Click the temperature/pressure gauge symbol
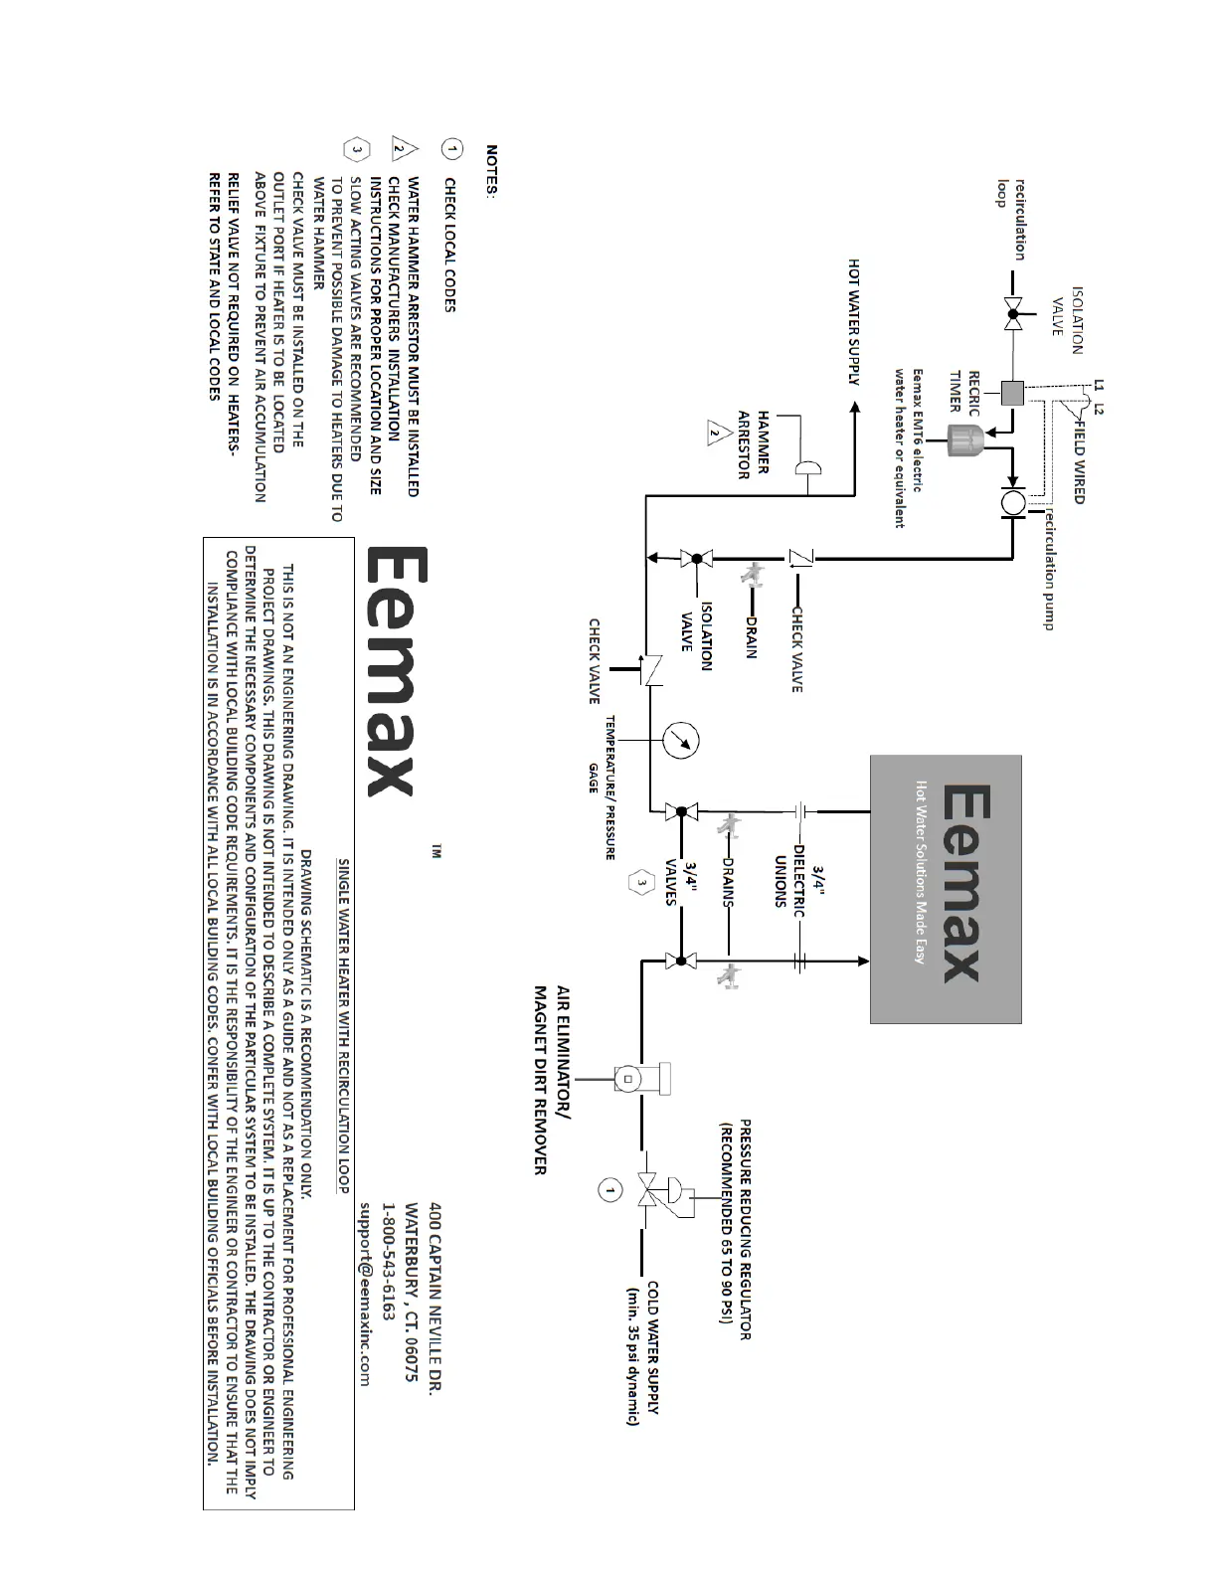point(681,741)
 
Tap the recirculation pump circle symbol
point(1012,503)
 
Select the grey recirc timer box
point(1012,393)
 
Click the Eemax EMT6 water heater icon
point(962,438)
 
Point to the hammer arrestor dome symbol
point(807,469)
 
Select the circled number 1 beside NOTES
point(451,149)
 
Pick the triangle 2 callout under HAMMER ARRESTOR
point(713,434)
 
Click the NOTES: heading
point(492,171)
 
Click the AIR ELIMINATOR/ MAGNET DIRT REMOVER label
point(552,1080)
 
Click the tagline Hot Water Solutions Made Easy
point(921,871)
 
